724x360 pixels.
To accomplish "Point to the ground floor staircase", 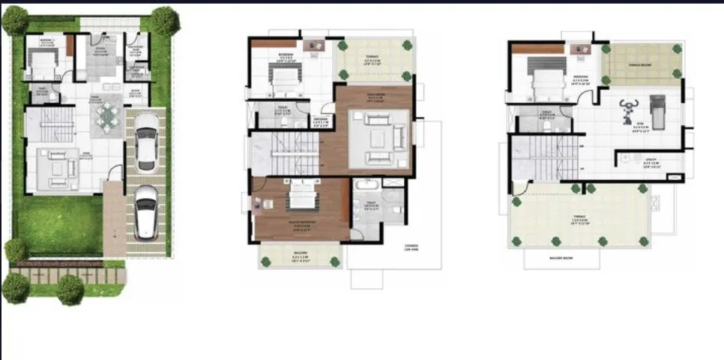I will (x=46, y=124).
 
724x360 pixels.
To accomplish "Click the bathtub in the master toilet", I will (x=362, y=185).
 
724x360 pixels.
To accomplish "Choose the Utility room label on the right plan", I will (x=650, y=160).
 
